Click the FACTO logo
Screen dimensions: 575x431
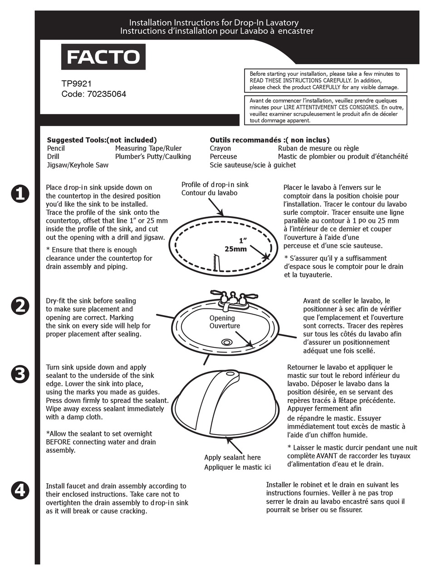pyautogui.click(x=103, y=57)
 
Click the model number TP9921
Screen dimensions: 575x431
pyautogui.click(x=76, y=84)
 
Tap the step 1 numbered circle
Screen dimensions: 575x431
pyautogui.click(x=20, y=194)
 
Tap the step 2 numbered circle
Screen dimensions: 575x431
pyautogui.click(x=20, y=306)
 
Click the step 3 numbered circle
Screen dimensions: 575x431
pyautogui.click(x=20, y=374)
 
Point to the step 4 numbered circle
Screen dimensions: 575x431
pyautogui.click(x=20, y=490)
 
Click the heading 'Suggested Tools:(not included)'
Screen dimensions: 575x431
pyautogui.click(x=102, y=140)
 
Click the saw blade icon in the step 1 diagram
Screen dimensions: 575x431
pyautogui.click(x=215, y=263)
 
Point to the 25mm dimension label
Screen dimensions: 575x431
pyautogui.click(x=236, y=249)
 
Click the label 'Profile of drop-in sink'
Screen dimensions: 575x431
pyautogui.click(x=215, y=184)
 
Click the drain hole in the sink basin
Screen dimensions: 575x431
pyautogui.click(x=226, y=342)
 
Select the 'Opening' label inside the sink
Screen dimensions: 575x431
pyautogui.click(x=222, y=318)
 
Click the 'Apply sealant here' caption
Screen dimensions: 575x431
pyautogui.click(x=232, y=457)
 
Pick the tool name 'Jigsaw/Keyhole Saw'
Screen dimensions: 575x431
pyautogui.click(x=78, y=165)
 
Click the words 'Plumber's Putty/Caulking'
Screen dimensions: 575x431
pyautogui.click(x=153, y=157)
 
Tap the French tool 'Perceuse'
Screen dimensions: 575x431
pyautogui.click(x=223, y=157)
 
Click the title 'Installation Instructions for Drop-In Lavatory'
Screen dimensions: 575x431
pyautogui.click(x=214, y=22)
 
